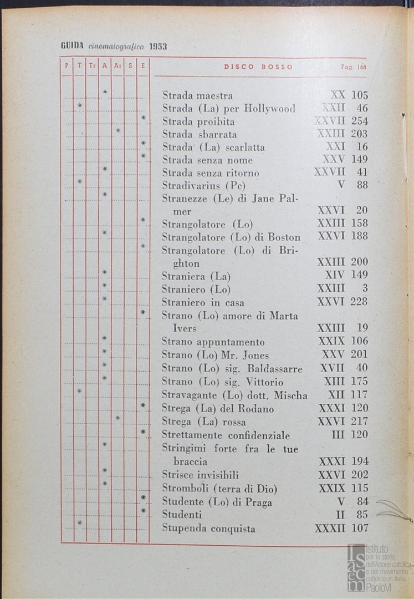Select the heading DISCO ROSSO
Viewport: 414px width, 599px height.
click(258, 67)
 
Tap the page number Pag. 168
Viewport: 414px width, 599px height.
click(354, 67)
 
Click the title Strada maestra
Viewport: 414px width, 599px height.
click(197, 95)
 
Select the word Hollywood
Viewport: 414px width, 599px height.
click(269, 108)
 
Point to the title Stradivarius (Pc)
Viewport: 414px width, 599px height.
click(203, 185)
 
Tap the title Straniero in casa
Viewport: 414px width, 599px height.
click(203, 303)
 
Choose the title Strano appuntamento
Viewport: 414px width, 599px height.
click(213, 342)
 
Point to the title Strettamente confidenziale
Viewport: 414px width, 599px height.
click(226, 435)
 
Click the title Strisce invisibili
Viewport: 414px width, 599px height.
click(200, 475)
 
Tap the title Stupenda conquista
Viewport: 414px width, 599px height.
click(208, 529)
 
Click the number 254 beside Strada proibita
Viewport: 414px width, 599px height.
click(359, 121)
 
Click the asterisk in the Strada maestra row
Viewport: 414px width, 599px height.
click(105, 92)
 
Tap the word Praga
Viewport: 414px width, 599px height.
click(257, 502)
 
